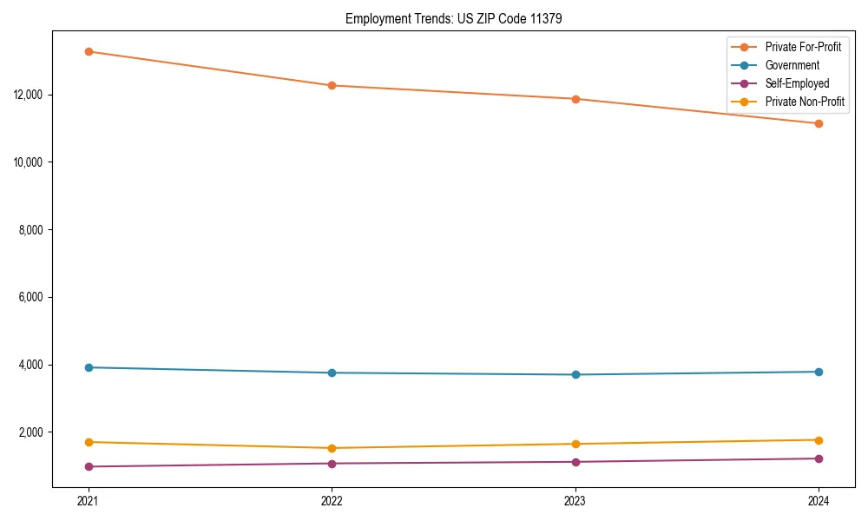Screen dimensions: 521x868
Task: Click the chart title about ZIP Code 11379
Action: (x=453, y=18)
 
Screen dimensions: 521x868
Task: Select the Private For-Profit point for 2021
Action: (x=89, y=51)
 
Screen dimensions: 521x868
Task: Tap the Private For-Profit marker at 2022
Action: (x=332, y=85)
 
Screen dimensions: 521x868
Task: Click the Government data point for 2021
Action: (x=89, y=367)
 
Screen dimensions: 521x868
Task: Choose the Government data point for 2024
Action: (x=819, y=372)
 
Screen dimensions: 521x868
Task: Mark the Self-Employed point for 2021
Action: (x=89, y=466)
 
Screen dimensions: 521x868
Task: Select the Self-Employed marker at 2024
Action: (x=819, y=458)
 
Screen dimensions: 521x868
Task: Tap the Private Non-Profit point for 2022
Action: (x=332, y=448)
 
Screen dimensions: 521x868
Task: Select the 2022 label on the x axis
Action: (x=332, y=501)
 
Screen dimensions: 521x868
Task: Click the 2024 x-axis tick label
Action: (x=819, y=501)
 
